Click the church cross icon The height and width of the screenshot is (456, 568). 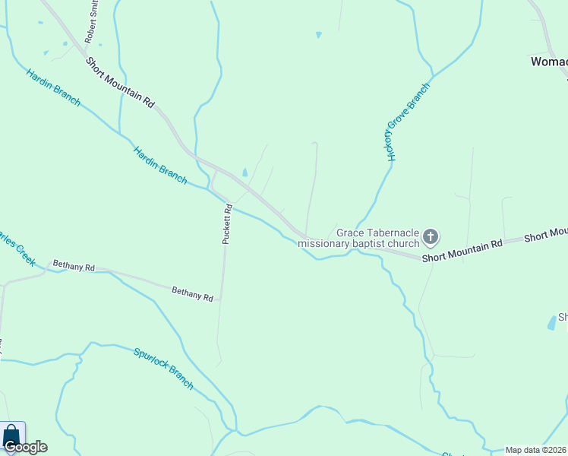coord(430,237)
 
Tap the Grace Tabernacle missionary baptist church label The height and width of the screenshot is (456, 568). coord(358,238)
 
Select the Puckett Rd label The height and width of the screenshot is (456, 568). coord(226,224)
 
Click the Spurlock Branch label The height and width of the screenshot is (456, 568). coord(163,369)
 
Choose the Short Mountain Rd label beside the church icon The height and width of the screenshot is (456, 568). coord(462,250)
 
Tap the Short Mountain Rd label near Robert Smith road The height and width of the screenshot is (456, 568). coord(120,82)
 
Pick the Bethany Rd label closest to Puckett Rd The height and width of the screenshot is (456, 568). coord(192,294)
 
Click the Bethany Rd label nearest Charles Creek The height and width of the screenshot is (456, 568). coord(74,268)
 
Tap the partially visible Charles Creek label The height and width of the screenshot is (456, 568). coord(17,245)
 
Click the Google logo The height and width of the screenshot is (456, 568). coord(24,447)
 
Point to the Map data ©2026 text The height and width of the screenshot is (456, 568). coord(535,450)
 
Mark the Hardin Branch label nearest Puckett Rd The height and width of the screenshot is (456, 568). coord(160,164)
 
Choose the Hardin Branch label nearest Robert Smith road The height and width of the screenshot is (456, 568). coord(53,87)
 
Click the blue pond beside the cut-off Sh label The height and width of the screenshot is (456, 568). coord(551,323)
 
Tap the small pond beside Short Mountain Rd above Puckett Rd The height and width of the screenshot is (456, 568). coord(244,172)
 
